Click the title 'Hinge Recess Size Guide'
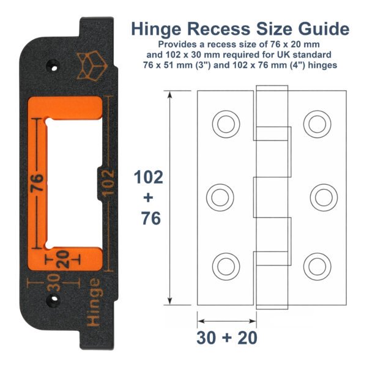pyautogui.click(x=240, y=29)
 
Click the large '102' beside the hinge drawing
pyautogui.click(x=149, y=178)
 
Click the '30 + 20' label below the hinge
pyautogui.click(x=226, y=338)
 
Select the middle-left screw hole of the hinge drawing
pyautogui.click(x=221, y=197)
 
